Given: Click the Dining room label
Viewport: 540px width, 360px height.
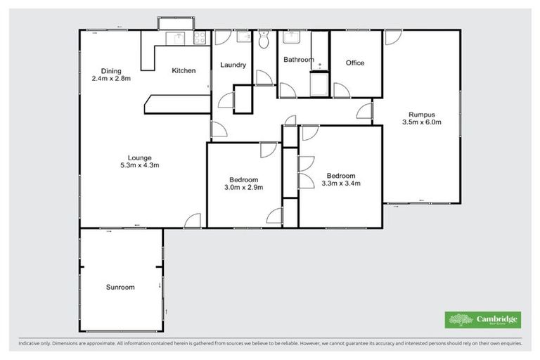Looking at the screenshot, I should tap(111, 70).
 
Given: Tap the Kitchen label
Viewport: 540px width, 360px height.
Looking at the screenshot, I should tap(184, 70).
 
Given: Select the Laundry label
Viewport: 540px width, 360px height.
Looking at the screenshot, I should tap(233, 65).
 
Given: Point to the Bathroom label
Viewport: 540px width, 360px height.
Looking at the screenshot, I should tap(298, 60).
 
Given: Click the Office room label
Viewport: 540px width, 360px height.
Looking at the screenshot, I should tap(355, 63).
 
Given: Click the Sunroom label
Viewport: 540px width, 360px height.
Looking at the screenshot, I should tap(120, 288).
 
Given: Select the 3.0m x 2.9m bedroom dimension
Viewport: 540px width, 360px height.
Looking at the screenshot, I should tap(243, 188).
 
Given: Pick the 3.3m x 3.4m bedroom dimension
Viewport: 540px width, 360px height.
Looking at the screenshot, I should tap(340, 184).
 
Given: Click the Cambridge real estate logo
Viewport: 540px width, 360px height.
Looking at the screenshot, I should tap(483, 320).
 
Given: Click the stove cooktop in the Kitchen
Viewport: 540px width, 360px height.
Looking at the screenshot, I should tap(200, 36).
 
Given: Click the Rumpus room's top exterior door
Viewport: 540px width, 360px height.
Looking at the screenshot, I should tap(392, 38).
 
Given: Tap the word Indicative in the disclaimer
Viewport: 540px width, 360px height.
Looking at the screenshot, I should tap(30, 344).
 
